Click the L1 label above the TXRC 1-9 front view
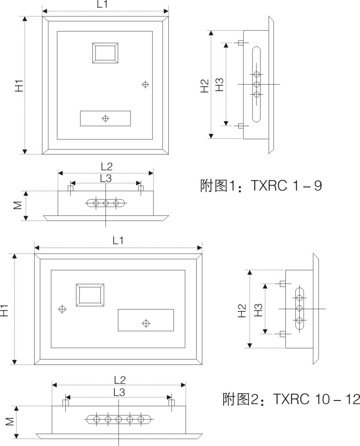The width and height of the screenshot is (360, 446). point(103,4)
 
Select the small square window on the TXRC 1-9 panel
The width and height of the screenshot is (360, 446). point(105,54)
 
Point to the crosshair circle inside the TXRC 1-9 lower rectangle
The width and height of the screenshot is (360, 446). point(105,118)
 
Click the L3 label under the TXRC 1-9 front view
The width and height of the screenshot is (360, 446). point(105,178)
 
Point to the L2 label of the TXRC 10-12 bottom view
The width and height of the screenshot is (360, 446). point(119,379)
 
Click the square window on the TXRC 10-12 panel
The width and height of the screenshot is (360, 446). point(90,296)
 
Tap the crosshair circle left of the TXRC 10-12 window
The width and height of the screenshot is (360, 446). point(62,309)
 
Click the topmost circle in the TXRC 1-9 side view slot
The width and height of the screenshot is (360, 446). point(256,75)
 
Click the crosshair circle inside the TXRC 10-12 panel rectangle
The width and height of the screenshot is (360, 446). point(145,323)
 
